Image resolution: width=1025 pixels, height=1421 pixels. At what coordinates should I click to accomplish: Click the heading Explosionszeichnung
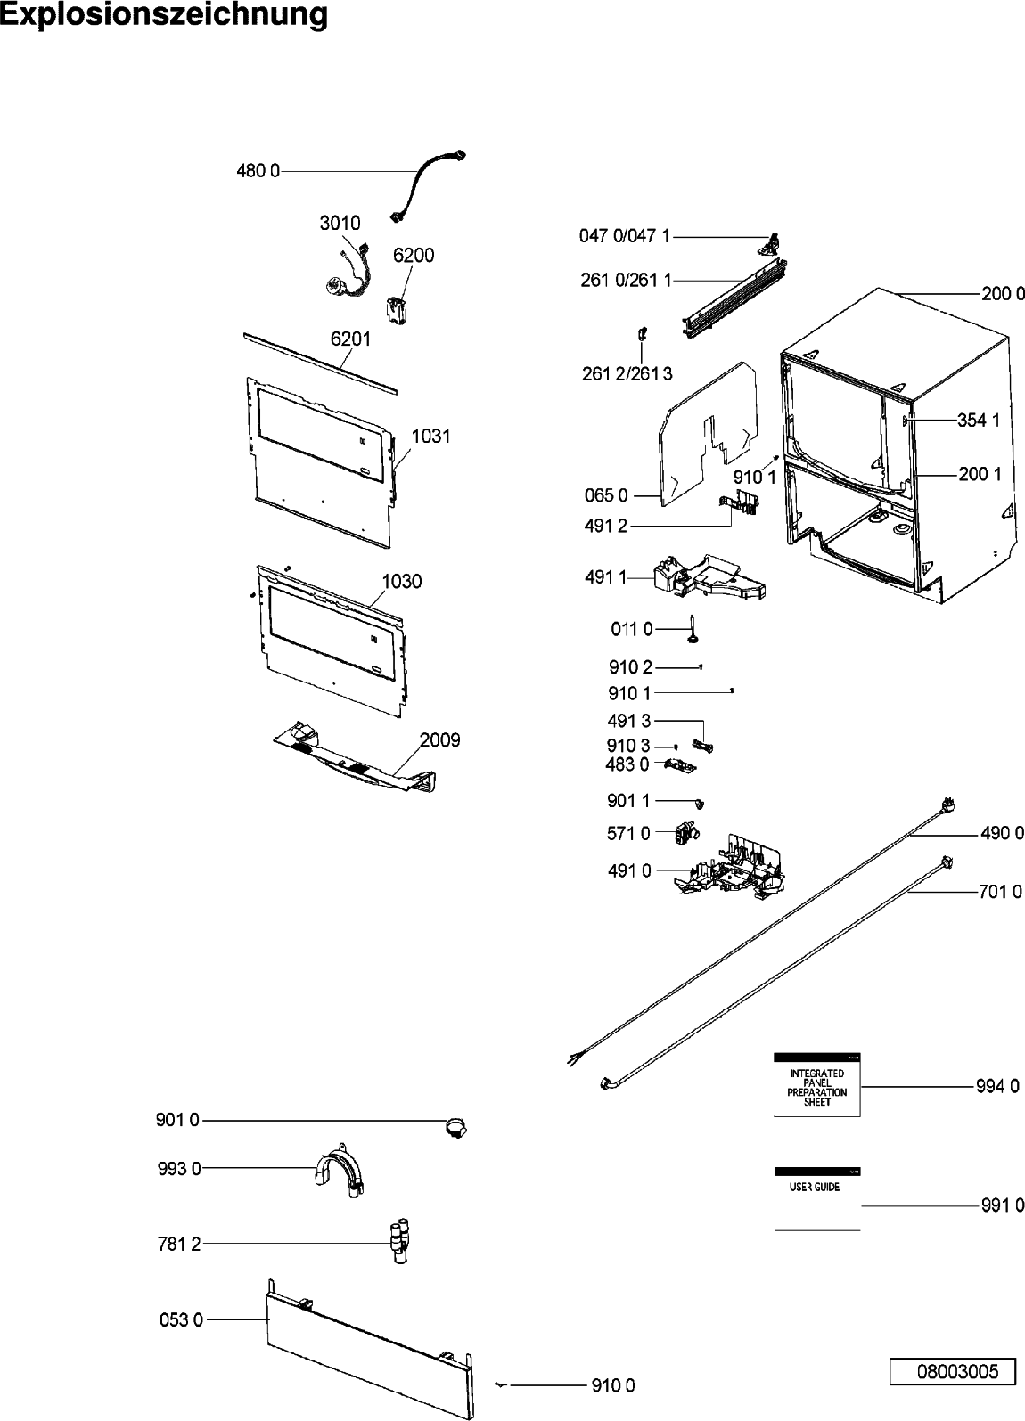coord(164,16)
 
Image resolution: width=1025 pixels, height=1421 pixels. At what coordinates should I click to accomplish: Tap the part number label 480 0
coord(258,171)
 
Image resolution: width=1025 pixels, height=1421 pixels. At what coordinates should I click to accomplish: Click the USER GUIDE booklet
coord(816,1199)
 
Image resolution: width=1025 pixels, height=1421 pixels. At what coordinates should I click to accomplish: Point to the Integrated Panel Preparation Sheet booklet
coord(816,1084)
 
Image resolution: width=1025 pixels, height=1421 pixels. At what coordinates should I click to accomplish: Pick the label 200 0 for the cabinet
coord(1002,295)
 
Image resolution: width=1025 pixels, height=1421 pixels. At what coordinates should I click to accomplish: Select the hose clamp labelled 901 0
coord(455,1128)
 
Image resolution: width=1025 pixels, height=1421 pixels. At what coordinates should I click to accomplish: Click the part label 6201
coord(350,339)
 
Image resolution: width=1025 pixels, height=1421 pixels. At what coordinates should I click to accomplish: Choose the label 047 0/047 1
coord(625,236)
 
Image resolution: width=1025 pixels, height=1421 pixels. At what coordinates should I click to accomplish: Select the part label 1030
coord(402,582)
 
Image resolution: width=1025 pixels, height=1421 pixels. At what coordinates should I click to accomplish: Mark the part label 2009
coord(439,740)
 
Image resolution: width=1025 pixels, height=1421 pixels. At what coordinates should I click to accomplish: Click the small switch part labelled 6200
coord(396,307)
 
